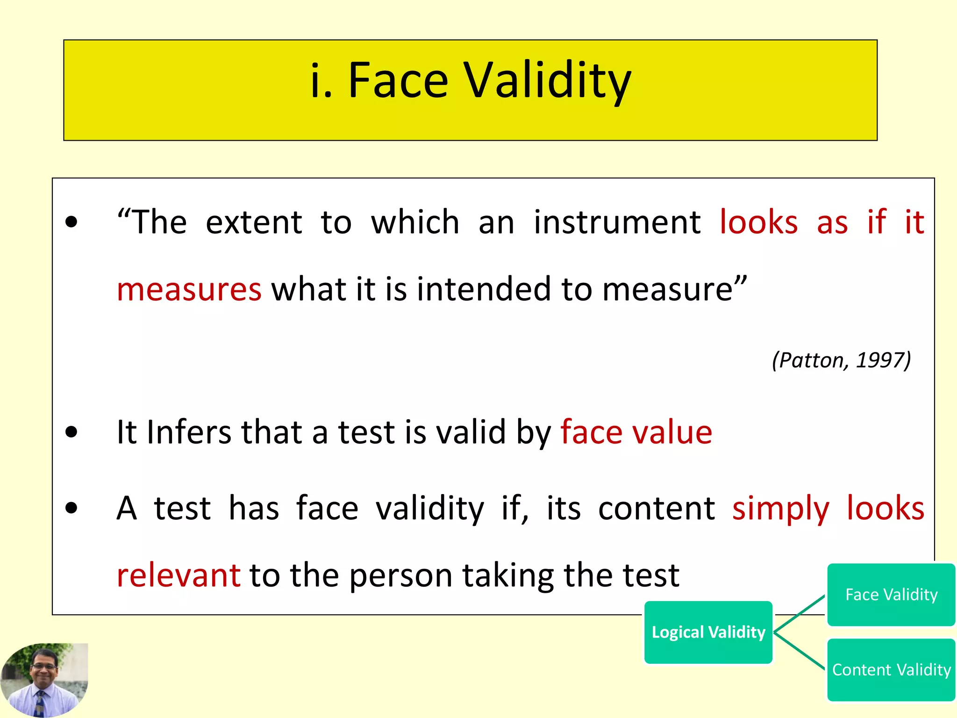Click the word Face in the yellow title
(398, 80)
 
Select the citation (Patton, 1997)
(841, 360)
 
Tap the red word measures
(189, 289)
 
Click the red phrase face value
(636, 432)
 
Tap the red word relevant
(179, 575)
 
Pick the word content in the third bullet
(656, 509)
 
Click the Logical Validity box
(708, 632)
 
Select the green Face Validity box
(891, 595)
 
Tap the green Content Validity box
(891, 670)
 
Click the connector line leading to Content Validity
(800, 652)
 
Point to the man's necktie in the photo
(40, 704)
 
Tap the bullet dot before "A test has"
(71, 509)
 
